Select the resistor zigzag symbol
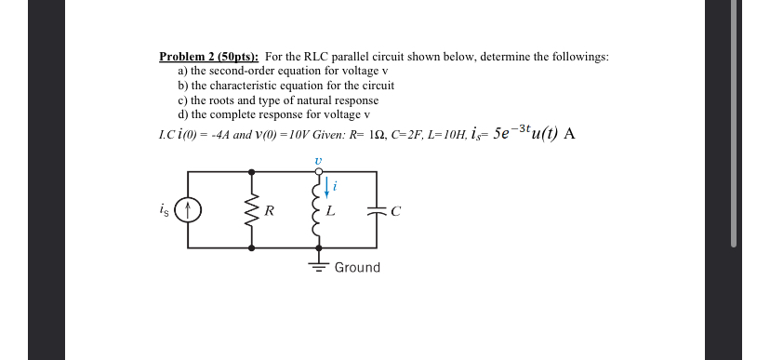pos(251,210)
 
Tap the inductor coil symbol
pos(317,210)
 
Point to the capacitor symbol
pos(378,210)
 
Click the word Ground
pos(357,268)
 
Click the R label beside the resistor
pos(268,211)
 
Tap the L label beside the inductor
pos(330,211)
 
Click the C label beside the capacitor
pos(395,211)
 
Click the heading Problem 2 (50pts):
pos(208,57)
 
